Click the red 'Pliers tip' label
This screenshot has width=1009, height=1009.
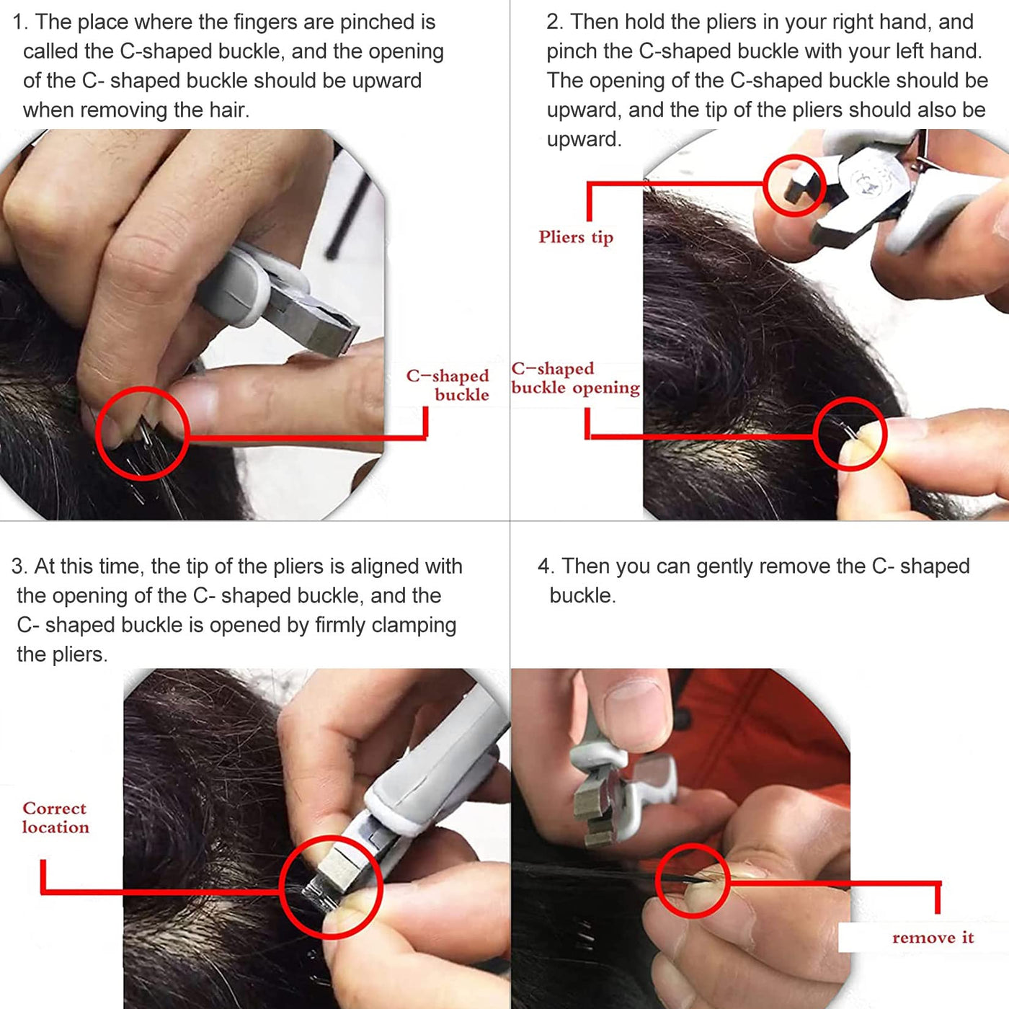click(x=575, y=236)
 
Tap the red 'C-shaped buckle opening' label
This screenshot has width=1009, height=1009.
click(x=575, y=378)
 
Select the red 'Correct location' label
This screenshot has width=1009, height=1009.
click(x=55, y=817)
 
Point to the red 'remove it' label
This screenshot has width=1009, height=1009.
click(x=933, y=937)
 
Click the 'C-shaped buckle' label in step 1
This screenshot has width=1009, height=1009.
click(x=448, y=385)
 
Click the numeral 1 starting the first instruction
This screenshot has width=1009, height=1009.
click(x=17, y=22)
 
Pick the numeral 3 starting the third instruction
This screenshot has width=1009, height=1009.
click(x=17, y=566)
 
